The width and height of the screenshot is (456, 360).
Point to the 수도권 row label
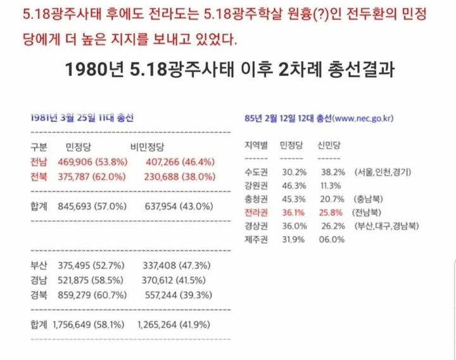pyautogui.click(x=255, y=172)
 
